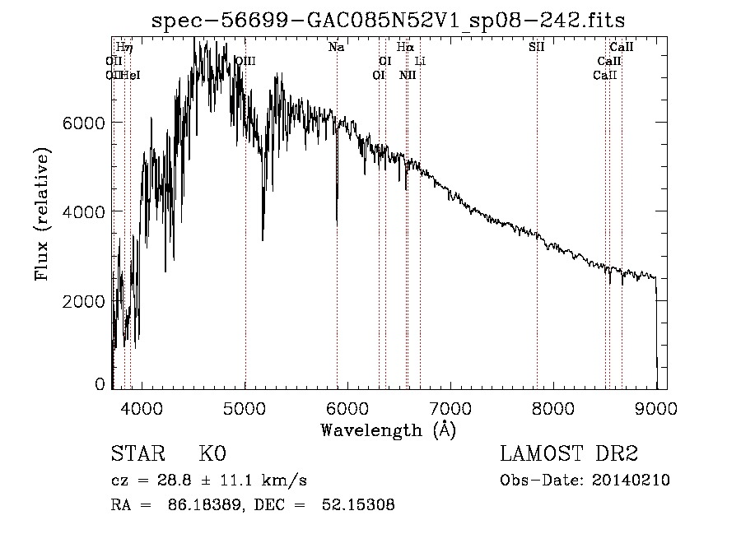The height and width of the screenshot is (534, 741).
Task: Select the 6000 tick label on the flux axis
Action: tap(82, 123)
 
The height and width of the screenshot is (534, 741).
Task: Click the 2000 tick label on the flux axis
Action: tap(82, 301)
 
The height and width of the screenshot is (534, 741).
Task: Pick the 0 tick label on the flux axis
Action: tap(100, 383)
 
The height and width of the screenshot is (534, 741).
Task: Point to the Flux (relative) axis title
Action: tap(41, 215)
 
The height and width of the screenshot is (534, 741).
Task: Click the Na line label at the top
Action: tap(336, 48)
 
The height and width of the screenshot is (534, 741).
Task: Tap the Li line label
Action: tap(420, 62)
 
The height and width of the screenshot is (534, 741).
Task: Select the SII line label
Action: tap(536, 48)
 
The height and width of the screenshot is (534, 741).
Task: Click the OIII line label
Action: tap(245, 62)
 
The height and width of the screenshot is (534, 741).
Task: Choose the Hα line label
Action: tap(404, 48)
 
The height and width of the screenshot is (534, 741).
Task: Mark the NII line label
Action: tap(408, 76)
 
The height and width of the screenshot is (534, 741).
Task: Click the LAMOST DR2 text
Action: tap(568, 455)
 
